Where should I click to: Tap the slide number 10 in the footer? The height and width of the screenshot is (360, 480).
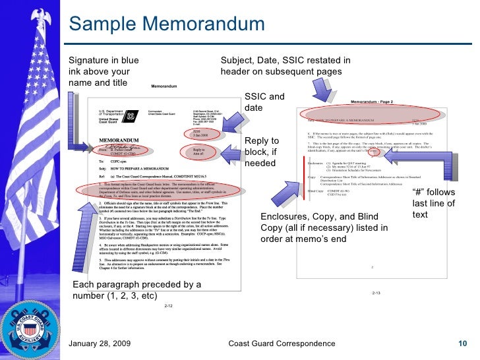coord(462,344)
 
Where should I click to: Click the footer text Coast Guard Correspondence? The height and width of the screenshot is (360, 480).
coord(281,344)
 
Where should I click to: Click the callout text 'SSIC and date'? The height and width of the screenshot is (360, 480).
coord(264,102)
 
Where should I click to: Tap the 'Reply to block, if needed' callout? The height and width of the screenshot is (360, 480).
coord(262,152)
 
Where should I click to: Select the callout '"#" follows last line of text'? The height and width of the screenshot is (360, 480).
coord(433,203)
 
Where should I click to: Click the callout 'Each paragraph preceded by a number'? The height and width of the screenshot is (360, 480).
coord(137,289)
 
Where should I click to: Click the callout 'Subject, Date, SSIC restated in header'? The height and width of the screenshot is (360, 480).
coord(285,65)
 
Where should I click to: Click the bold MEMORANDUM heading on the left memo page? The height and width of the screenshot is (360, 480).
coord(119,140)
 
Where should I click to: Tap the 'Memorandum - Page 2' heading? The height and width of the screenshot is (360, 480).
coord(380,102)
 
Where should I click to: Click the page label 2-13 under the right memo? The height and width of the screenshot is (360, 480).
coord(376,292)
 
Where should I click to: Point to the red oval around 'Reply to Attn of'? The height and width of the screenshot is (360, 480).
coord(200,152)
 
